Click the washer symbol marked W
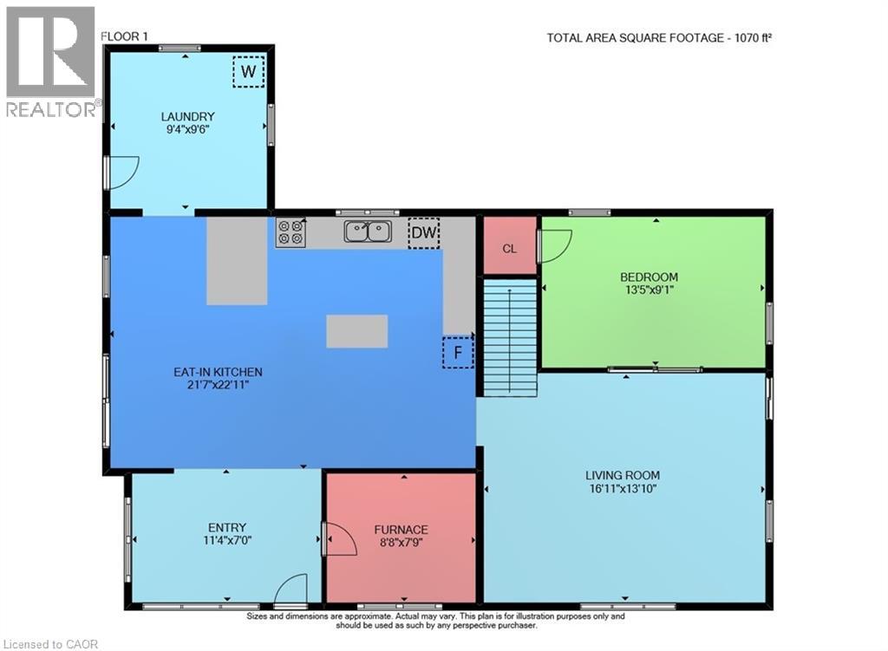[248, 72]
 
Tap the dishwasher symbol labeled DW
[424, 232]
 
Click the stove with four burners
[291, 232]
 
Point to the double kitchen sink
[368, 231]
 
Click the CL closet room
[509, 248]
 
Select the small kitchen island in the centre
[356, 331]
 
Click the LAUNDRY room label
[187, 116]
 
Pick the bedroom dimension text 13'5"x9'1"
[649, 291]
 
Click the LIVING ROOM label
[622, 475]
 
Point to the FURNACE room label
[401, 530]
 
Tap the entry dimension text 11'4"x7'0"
[226, 540]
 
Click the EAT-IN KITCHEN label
[218, 372]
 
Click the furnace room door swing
[339, 539]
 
